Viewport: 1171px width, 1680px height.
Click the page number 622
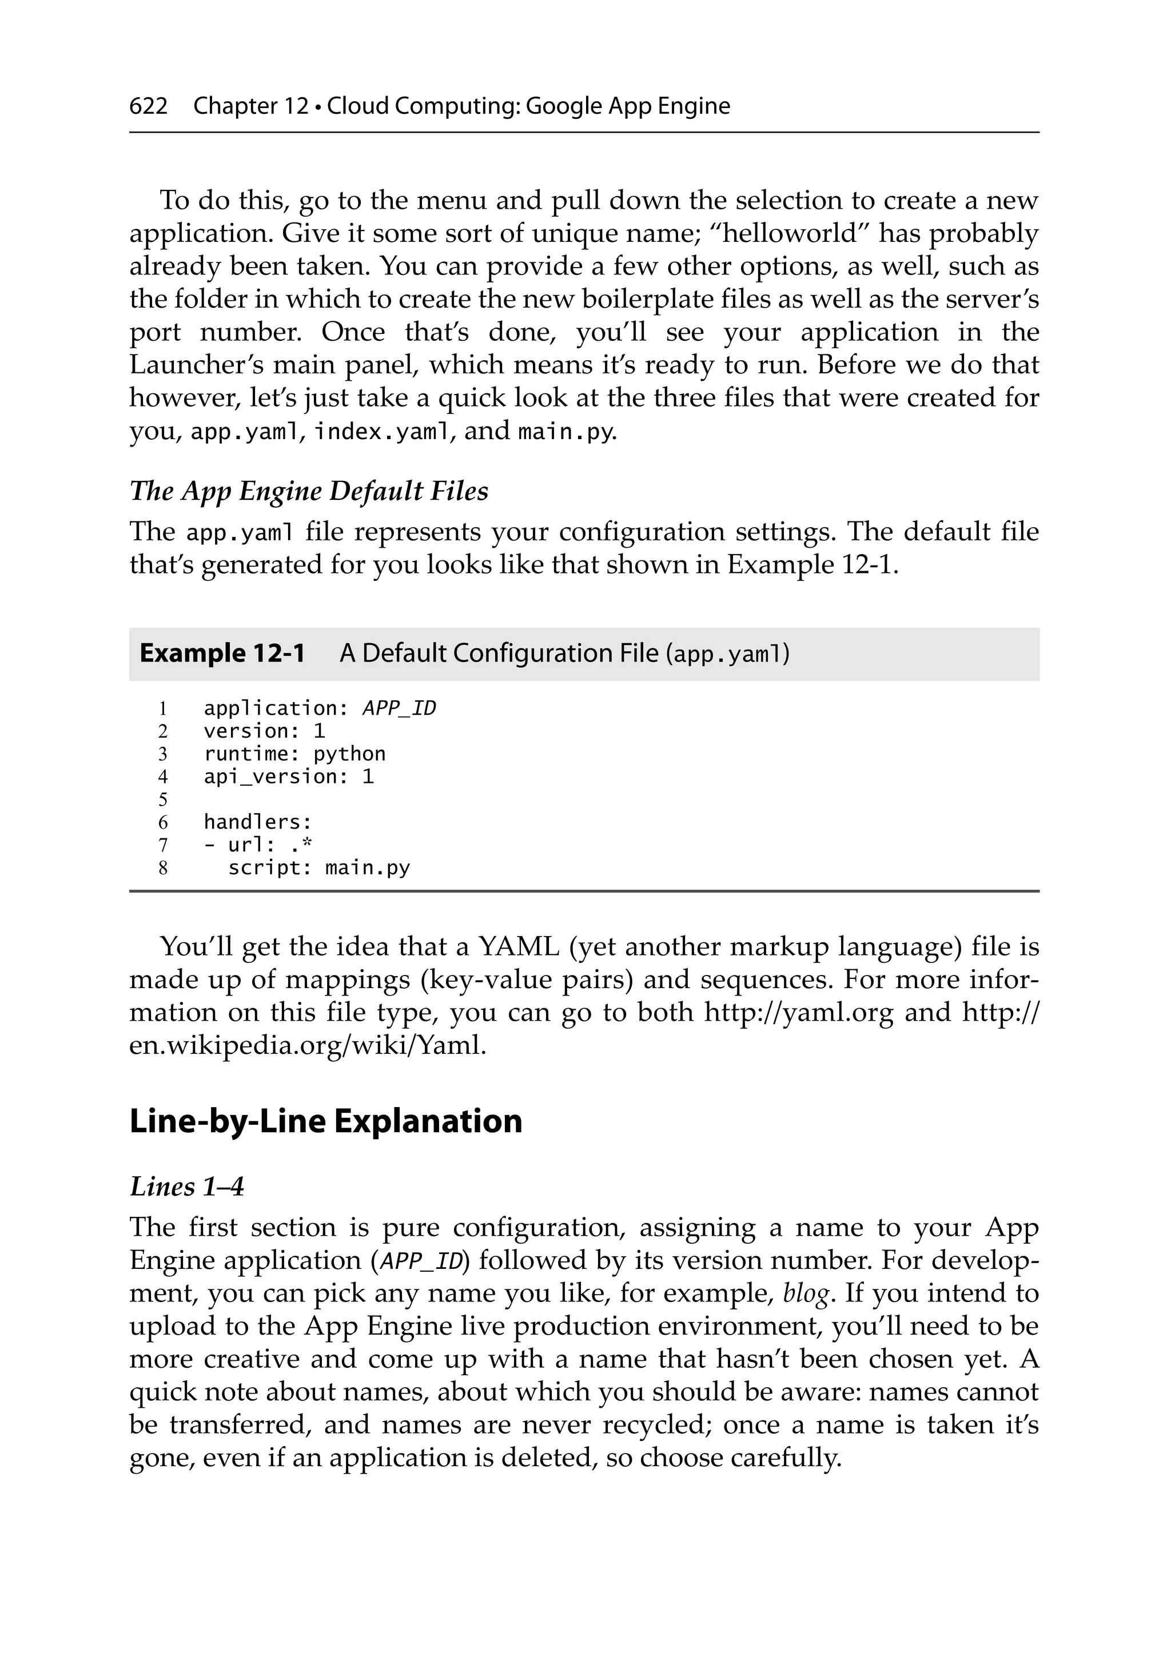pyautogui.click(x=148, y=106)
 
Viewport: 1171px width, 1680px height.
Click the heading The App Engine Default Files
pyautogui.click(x=308, y=491)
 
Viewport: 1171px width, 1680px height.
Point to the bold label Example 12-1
pyautogui.click(x=222, y=652)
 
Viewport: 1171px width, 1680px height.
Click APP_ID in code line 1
pyautogui.click(x=399, y=708)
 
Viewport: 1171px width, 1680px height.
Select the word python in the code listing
pyautogui.click(x=349, y=754)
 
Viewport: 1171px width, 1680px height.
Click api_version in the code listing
pyautogui.click(x=271, y=777)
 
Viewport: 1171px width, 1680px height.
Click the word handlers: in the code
pyautogui.click(x=258, y=822)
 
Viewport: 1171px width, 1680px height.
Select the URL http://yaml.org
pyautogui.click(x=798, y=1013)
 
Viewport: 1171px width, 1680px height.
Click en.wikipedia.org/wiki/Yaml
pyautogui.click(x=308, y=1045)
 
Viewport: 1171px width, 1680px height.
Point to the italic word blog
pyautogui.click(x=806, y=1293)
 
